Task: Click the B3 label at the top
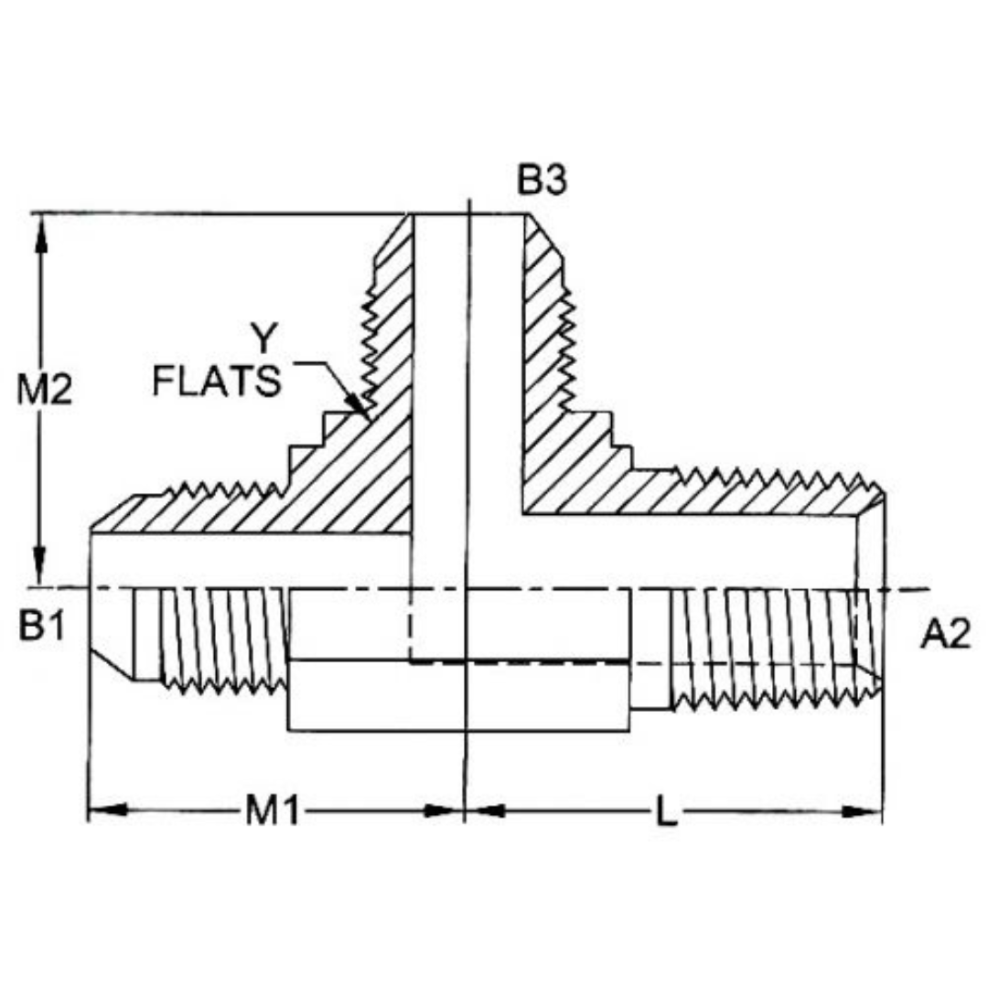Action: click(x=542, y=180)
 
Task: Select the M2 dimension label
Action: click(x=59, y=392)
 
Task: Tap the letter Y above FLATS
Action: click(x=263, y=338)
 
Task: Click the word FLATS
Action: click(x=217, y=381)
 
